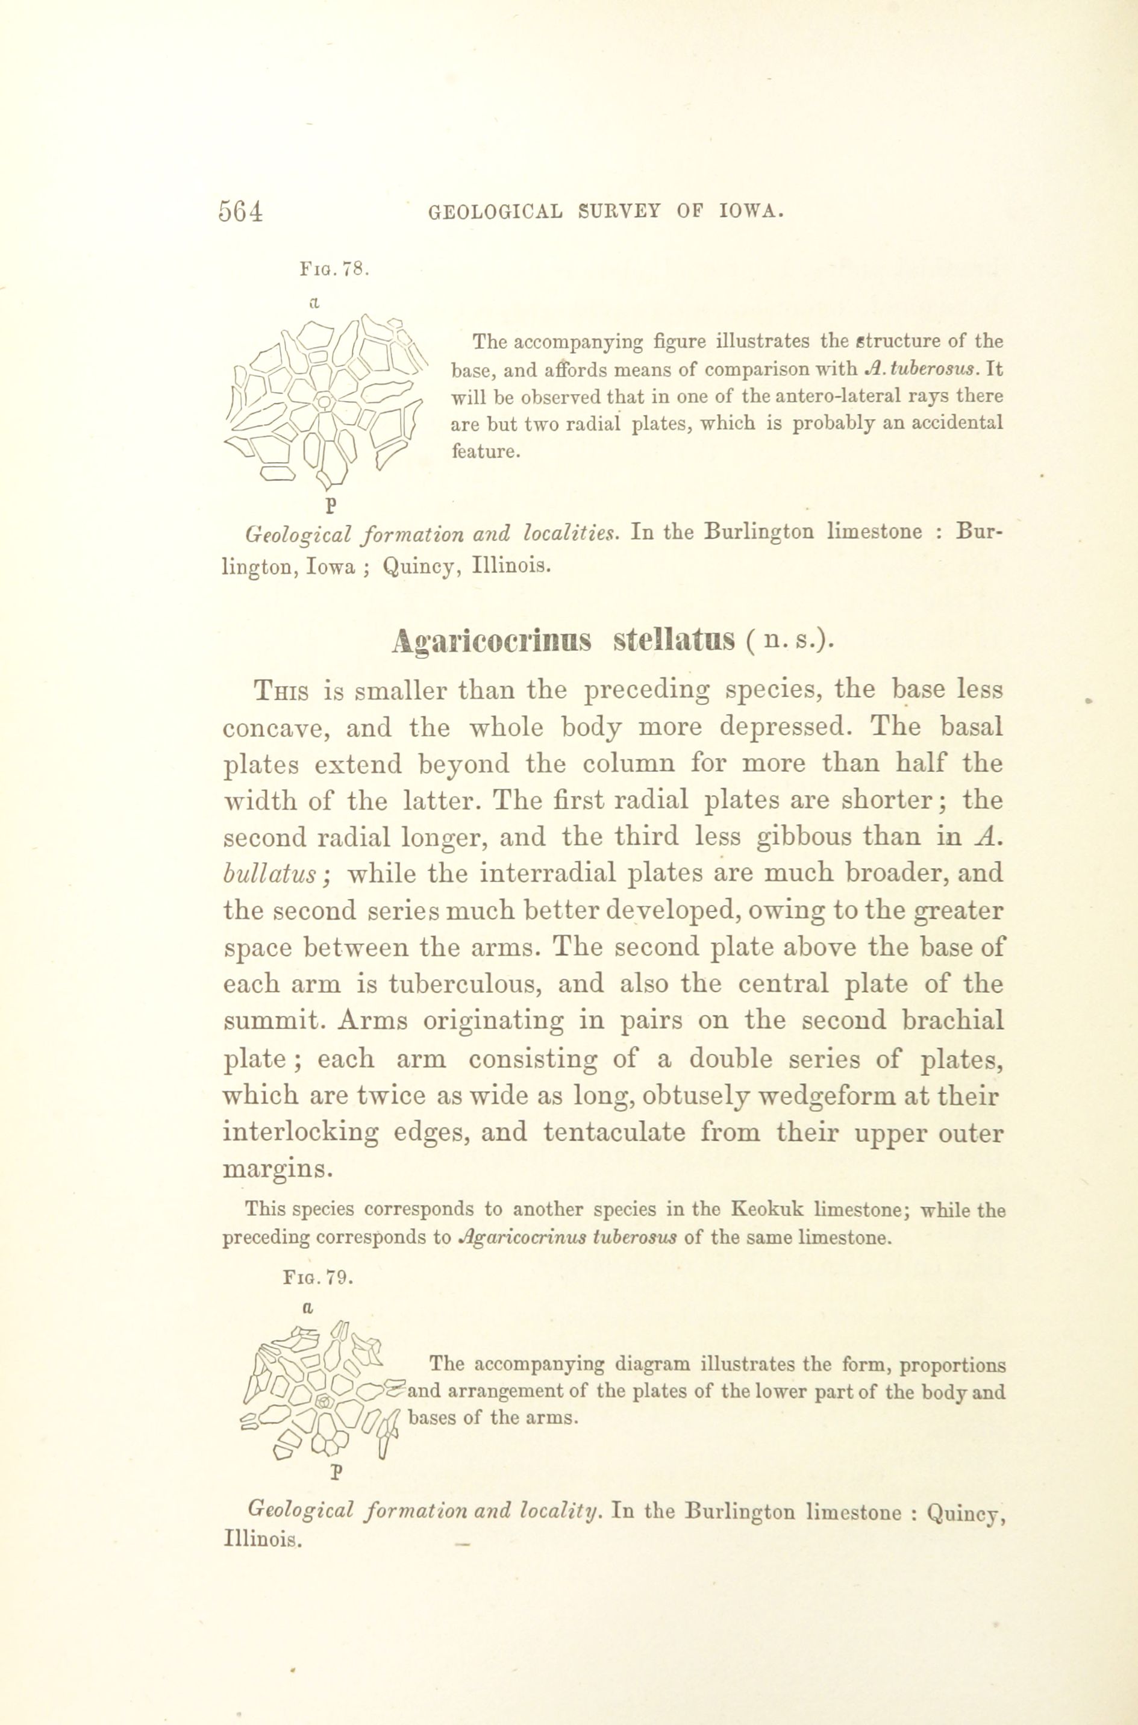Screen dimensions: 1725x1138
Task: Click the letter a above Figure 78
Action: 314,302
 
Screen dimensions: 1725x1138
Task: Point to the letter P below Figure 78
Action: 331,502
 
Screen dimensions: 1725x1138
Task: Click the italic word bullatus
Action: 269,874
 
